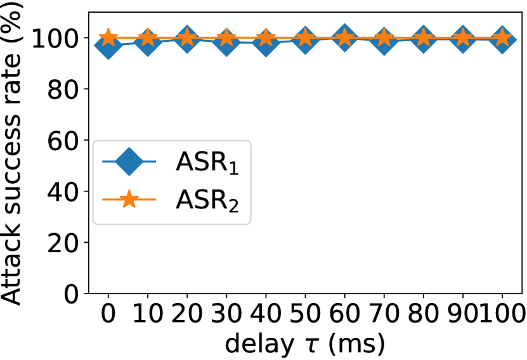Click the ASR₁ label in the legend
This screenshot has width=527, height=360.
207,163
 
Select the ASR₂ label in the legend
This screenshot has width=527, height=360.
207,201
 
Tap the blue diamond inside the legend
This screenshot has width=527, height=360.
129,162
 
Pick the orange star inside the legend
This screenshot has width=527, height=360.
129,199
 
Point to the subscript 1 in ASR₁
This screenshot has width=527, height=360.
233,169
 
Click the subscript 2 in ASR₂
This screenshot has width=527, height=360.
233,207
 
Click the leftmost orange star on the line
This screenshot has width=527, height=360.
108,37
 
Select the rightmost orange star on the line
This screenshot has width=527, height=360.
502,37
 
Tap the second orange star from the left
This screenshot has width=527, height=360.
148,37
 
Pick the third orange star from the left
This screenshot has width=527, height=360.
187,37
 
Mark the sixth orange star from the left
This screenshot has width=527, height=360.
305,37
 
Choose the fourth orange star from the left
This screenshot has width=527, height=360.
226,37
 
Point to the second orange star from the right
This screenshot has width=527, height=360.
463,37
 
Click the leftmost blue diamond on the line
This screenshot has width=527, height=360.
108,45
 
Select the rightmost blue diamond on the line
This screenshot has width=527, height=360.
502,40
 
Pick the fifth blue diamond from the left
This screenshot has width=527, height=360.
266,42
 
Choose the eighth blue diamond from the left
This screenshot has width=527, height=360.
384,41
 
